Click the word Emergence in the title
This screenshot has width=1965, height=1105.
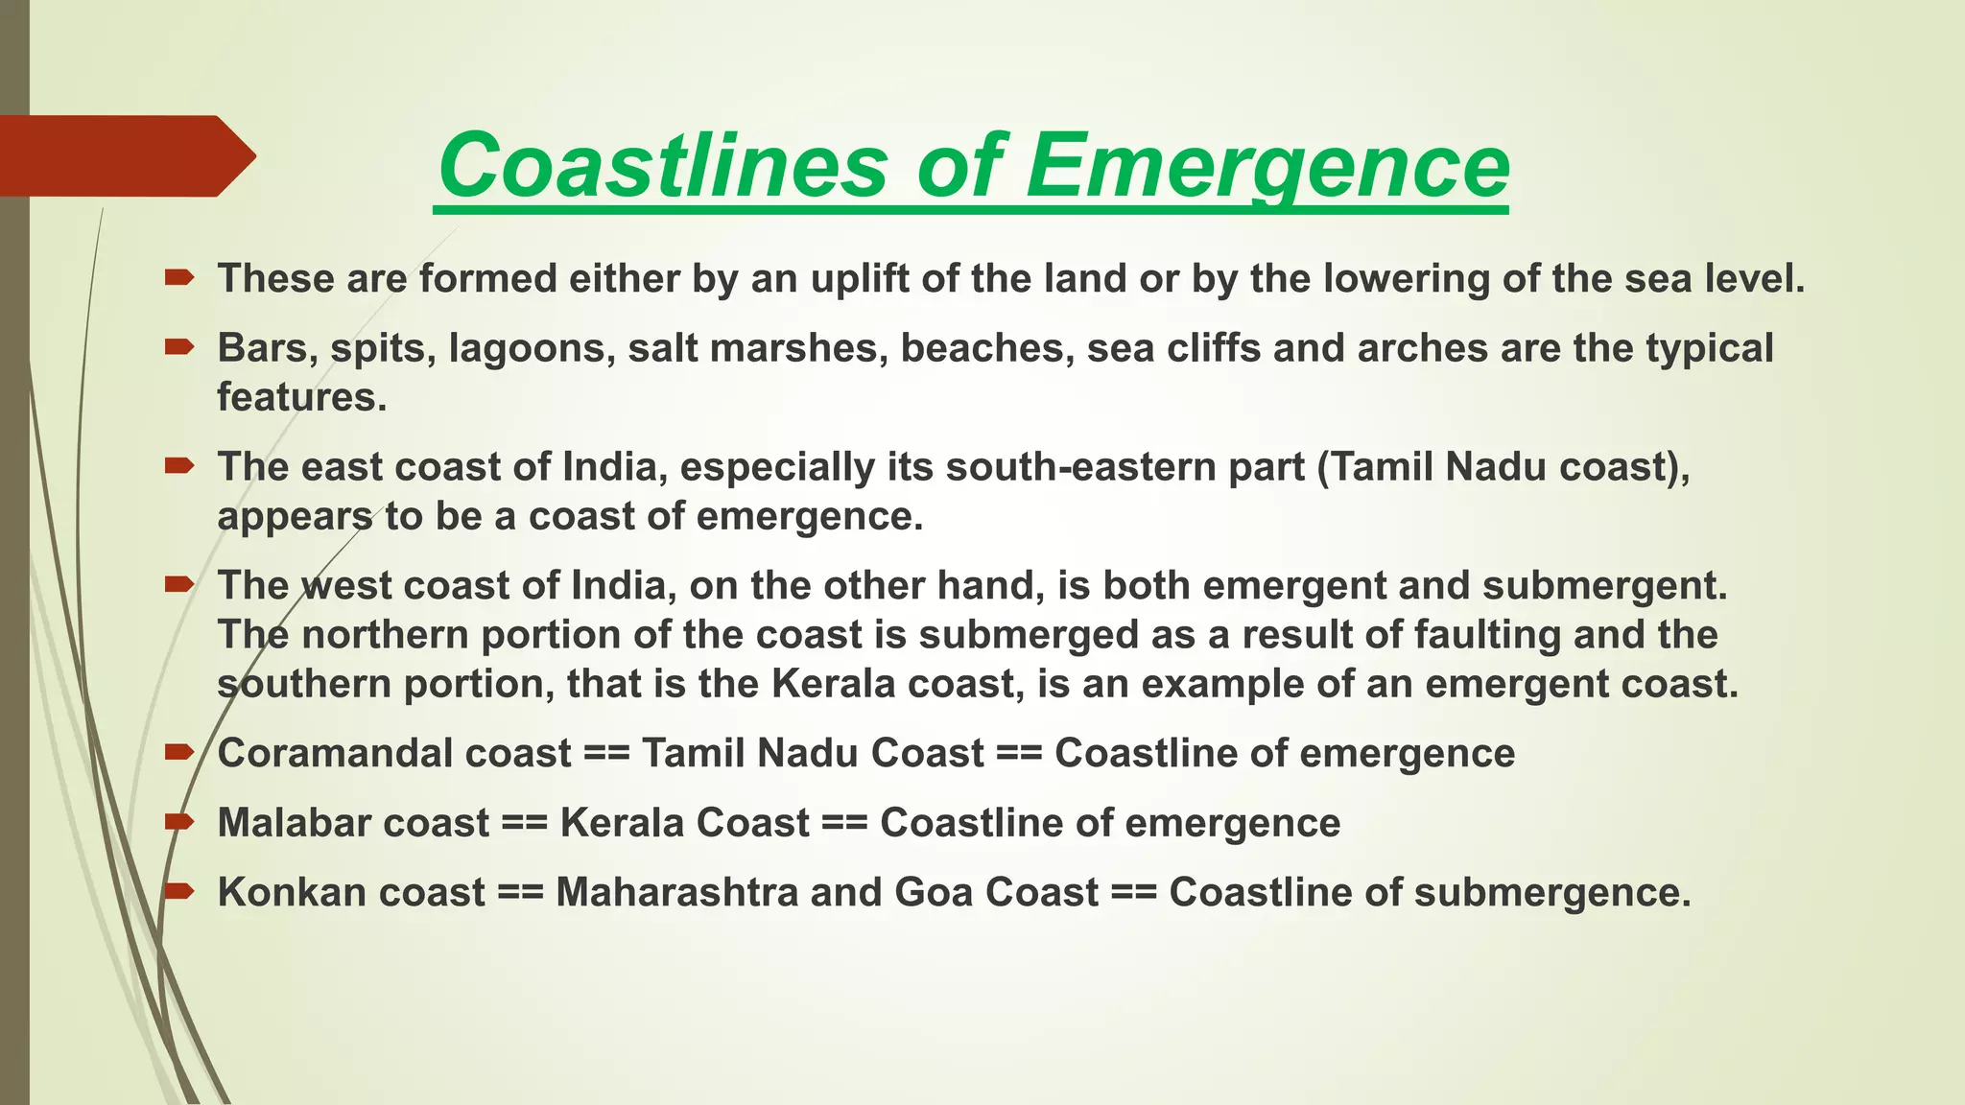pyautogui.click(x=1267, y=165)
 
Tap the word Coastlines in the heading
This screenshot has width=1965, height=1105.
pyautogui.click(x=662, y=165)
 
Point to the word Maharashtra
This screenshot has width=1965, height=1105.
pyautogui.click(x=676, y=892)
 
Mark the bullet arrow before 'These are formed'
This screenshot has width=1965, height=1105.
pyautogui.click(x=179, y=278)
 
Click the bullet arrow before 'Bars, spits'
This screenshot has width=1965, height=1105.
pyautogui.click(x=179, y=348)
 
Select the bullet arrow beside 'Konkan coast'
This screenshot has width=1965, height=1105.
pyautogui.click(x=179, y=892)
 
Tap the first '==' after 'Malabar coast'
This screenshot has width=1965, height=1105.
pyautogui.click(x=524, y=823)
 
